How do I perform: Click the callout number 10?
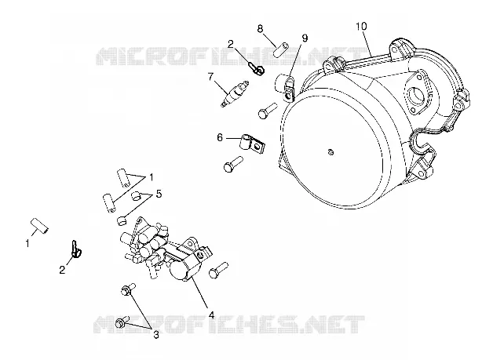point(361,27)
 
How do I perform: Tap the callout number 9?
point(305,38)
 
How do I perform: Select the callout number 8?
point(260,29)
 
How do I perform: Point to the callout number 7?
point(210,76)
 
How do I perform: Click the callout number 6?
point(220,137)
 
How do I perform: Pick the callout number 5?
point(159,194)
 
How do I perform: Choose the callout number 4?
point(211,315)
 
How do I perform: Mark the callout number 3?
point(156,335)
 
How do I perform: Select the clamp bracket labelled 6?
point(253,144)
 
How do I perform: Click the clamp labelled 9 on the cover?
point(288,89)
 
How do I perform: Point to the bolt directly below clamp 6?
point(233,164)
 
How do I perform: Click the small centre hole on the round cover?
point(330,151)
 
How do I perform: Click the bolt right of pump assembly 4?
point(218,271)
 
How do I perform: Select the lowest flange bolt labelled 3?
point(122,322)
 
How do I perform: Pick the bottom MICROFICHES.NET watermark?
point(229,325)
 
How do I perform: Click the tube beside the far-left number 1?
point(40,225)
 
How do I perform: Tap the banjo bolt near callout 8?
point(257,69)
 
